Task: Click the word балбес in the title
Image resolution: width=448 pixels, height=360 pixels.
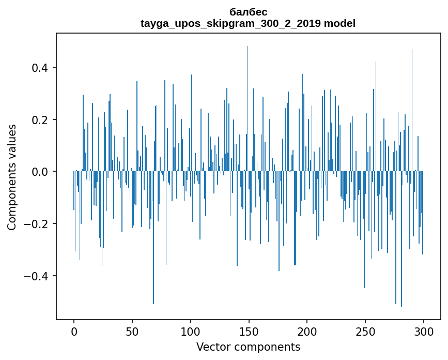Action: click(x=248, y=12)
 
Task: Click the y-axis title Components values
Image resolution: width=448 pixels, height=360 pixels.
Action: click(x=12, y=177)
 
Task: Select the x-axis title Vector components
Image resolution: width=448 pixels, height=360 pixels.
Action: click(x=248, y=347)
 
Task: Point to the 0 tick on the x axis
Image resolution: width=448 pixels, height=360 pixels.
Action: click(x=74, y=331)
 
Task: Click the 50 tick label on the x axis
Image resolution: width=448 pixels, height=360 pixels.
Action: click(x=132, y=331)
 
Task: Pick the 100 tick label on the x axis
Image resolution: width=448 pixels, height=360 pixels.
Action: click(x=191, y=331)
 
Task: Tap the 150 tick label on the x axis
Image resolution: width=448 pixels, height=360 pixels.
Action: click(x=249, y=331)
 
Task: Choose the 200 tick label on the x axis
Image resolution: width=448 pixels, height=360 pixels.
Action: click(x=307, y=331)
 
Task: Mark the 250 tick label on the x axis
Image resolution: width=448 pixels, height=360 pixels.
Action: click(x=365, y=331)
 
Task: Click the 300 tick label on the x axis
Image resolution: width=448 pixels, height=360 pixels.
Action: click(x=424, y=331)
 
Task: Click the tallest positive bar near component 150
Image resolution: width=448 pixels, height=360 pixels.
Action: click(x=248, y=103)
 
